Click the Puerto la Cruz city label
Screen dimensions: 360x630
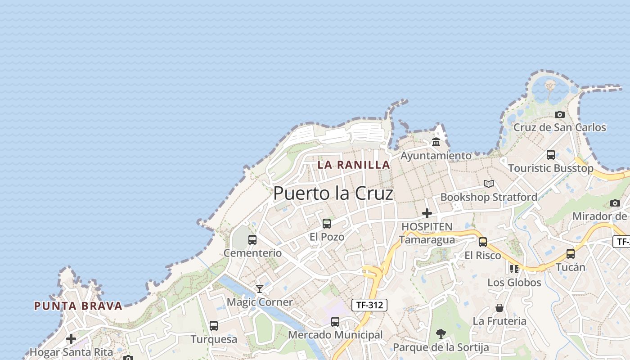(x=333, y=193)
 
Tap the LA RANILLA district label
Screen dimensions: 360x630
(x=354, y=165)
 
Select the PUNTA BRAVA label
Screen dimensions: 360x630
(x=78, y=306)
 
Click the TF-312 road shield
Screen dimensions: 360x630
(x=369, y=305)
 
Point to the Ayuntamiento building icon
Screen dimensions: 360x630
(x=436, y=142)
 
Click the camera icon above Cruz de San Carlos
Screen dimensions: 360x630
(x=560, y=114)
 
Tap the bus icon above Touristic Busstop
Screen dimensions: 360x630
(x=551, y=155)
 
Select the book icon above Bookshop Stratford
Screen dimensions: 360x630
(x=489, y=184)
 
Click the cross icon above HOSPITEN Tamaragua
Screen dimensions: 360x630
(x=427, y=213)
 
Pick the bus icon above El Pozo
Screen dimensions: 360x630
(x=327, y=223)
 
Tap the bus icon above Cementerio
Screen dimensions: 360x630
(x=252, y=239)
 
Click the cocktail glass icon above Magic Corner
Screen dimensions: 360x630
(x=260, y=288)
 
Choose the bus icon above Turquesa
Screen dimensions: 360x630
(x=214, y=325)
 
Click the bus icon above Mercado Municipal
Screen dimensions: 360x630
(x=335, y=321)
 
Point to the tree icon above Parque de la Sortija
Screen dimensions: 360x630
(x=441, y=334)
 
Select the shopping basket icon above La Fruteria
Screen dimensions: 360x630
(x=499, y=308)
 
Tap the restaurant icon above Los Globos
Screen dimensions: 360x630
(x=514, y=269)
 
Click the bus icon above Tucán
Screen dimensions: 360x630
(x=571, y=253)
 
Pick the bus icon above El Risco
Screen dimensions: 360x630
(x=483, y=242)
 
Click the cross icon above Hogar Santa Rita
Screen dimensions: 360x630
(x=71, y=338)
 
